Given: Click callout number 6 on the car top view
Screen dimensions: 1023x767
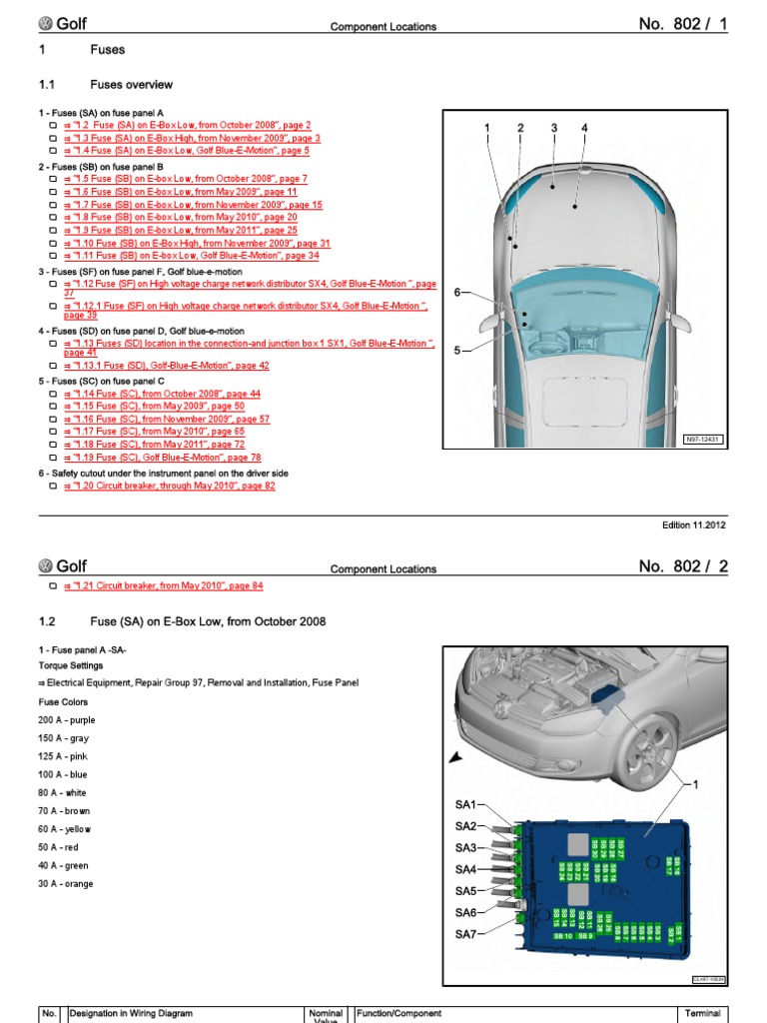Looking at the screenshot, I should (x=458, y=292).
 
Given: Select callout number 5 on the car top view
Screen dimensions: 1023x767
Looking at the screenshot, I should (x=458, y=351).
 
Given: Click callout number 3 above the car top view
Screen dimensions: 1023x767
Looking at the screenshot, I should (x=553, y=128).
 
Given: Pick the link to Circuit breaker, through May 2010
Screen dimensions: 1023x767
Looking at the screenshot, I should (x=169, y=486).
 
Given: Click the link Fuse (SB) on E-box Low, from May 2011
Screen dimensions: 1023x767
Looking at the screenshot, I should (x=180, y=230).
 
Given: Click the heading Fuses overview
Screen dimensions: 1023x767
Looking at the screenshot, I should (x=131, y=85).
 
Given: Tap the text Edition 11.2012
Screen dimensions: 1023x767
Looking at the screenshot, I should (x=695, y=525).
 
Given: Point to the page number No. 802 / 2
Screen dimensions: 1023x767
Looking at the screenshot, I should (x=683, y=567).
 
